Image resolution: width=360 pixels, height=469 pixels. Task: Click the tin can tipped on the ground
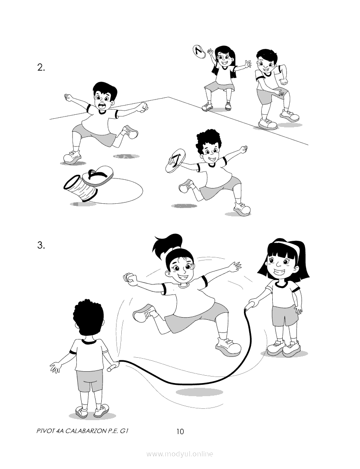coord(80,188)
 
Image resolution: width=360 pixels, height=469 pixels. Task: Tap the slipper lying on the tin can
coord(98,176)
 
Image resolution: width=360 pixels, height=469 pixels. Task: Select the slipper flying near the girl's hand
coord(199,51)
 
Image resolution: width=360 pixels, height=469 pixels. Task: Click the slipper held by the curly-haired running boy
coord(176,161)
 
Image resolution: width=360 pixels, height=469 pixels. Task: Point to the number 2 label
coord(41,68)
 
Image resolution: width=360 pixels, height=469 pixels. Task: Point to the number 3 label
coord(41,246)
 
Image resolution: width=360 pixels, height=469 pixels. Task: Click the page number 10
coord(180,431)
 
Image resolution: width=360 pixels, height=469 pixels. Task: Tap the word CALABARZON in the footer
coord(84,431)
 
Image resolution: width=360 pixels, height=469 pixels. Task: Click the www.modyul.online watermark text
coord(180,454)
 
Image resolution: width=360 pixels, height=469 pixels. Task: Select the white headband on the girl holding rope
coord(287,245)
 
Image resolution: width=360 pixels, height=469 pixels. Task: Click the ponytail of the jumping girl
coord(168,244)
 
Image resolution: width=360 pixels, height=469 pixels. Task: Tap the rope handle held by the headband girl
coord(251,305)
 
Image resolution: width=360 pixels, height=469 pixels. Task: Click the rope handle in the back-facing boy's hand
coord(113,366)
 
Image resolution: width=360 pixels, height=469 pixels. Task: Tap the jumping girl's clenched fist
coord(130,278)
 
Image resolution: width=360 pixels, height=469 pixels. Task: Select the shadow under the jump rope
coord(199,392)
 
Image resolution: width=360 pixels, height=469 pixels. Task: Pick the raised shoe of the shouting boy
coord(131,132)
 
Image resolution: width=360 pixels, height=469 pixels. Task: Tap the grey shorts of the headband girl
coord(285,316)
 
